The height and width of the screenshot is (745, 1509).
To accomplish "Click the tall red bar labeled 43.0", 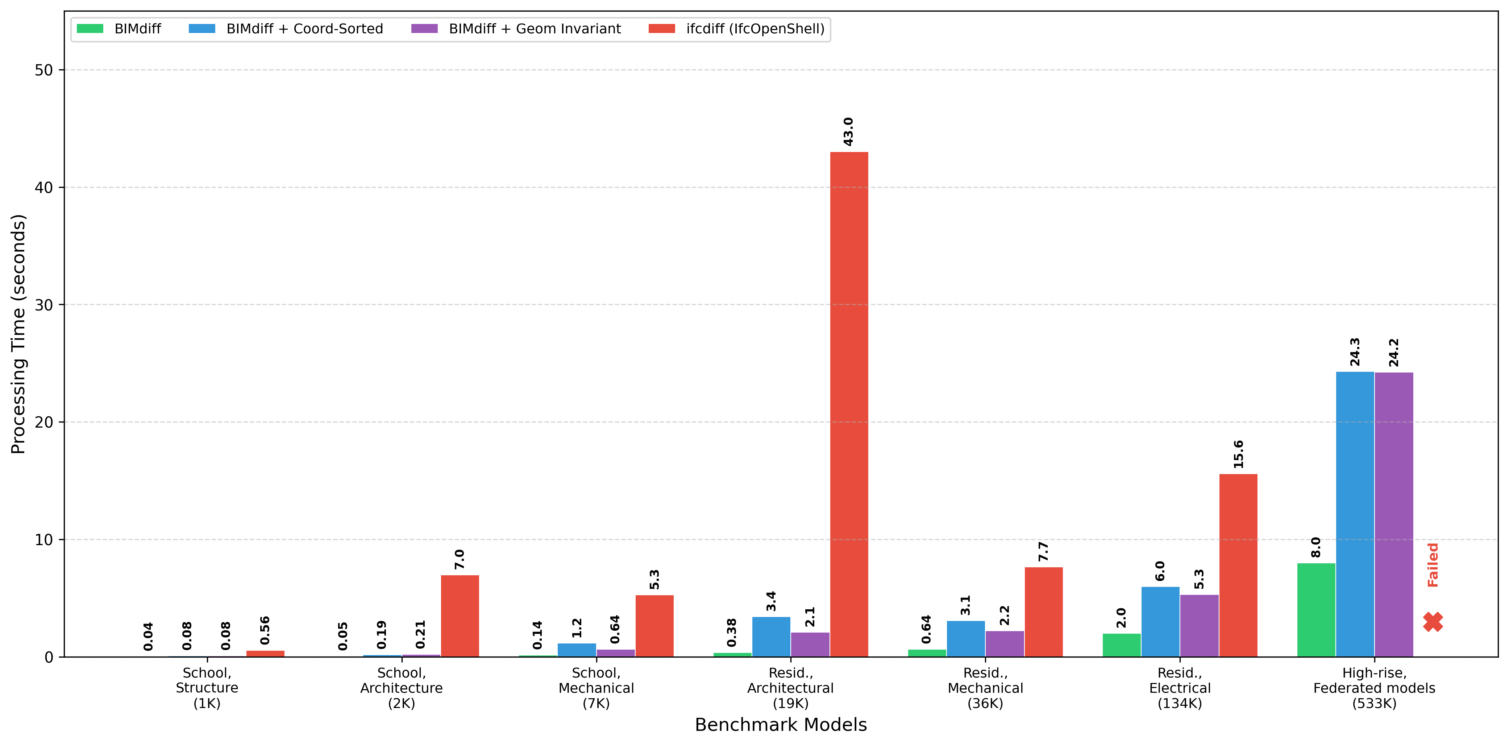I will pyautogui.click(x=849, y=404).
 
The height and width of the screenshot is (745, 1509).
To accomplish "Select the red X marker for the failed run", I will pyautogui.click(x=1433, y=622).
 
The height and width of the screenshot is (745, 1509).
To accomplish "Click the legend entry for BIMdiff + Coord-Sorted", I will pyautogui.click(x=286, y=29).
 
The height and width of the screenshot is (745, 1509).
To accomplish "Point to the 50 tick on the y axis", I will pyautogui.click(x=43, y=70).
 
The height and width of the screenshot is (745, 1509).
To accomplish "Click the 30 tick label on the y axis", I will pyautogui.click(x=43, y=305).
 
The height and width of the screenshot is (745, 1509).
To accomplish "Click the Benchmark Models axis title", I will pyautogui.click(x=780, y=725).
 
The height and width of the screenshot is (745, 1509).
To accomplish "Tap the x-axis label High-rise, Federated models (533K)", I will pyautogui.click(x=1374, y=688).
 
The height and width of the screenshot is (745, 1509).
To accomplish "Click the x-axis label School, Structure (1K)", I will pyautogui.click(x=207, y=688).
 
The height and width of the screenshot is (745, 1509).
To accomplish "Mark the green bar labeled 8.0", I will pyautogui.click(x=1316, y=610).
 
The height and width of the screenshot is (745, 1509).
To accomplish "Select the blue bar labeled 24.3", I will pyautogui.click(x=1355, y=514).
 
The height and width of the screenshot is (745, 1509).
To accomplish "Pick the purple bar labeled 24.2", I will pyautogui.click(x=1394, y=515).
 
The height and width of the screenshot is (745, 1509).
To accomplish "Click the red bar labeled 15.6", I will pyautogui.click(x=1238, y=565).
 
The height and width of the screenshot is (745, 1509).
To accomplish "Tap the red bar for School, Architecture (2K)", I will pyautogui.click(x=460, y=616).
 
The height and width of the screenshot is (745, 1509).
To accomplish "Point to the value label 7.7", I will pyautogui.click(x=1043, y=552).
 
